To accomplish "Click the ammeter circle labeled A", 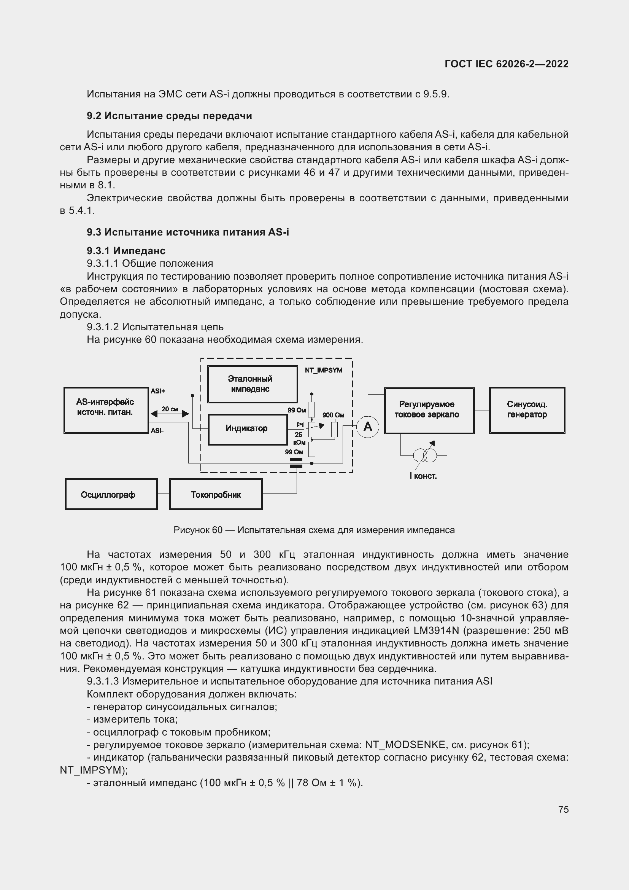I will (x=367, y=427).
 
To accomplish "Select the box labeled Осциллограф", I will (x=111, y=494).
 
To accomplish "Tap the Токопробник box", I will (x=216, y=494).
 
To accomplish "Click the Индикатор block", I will (x=247, y=429).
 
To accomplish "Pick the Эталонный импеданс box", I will (x=252, y=384).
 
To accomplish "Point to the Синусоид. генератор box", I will (x=527, y=410).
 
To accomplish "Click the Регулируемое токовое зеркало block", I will (x=429, y=410).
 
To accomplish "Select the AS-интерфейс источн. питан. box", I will (x=106, y=410).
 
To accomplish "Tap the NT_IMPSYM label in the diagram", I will (x=323, y=370).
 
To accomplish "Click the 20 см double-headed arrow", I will (x=170, y=414).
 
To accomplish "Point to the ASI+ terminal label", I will (x=158, y=391).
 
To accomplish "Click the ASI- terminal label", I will (x=157, y=431).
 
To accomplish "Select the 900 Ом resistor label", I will (x=333, y=415).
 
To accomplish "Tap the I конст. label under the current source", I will (x=423, y=476).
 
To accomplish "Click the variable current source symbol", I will (x=424, y=455).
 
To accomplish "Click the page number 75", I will (x=563, y=809).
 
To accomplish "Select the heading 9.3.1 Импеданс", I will (x=126, y=251).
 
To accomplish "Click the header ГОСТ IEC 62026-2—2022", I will (x=506, y=64).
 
